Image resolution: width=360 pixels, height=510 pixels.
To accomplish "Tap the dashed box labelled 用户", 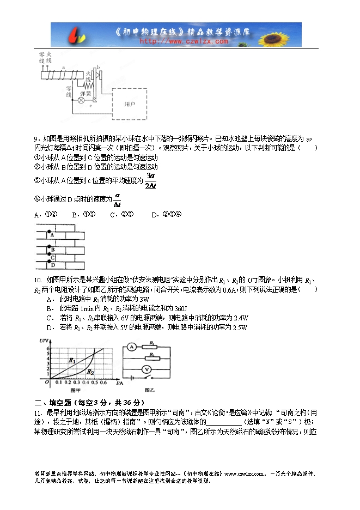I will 130,104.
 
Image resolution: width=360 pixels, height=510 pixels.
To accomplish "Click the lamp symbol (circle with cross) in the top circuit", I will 81,100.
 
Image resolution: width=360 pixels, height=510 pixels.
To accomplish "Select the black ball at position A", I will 48,229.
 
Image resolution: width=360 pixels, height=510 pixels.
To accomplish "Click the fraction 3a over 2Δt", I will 151,181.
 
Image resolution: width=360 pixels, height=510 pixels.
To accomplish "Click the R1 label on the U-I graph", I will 72,360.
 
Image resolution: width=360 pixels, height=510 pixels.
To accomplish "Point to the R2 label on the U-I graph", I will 90,371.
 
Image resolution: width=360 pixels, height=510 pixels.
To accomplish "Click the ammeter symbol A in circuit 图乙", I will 131,346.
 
